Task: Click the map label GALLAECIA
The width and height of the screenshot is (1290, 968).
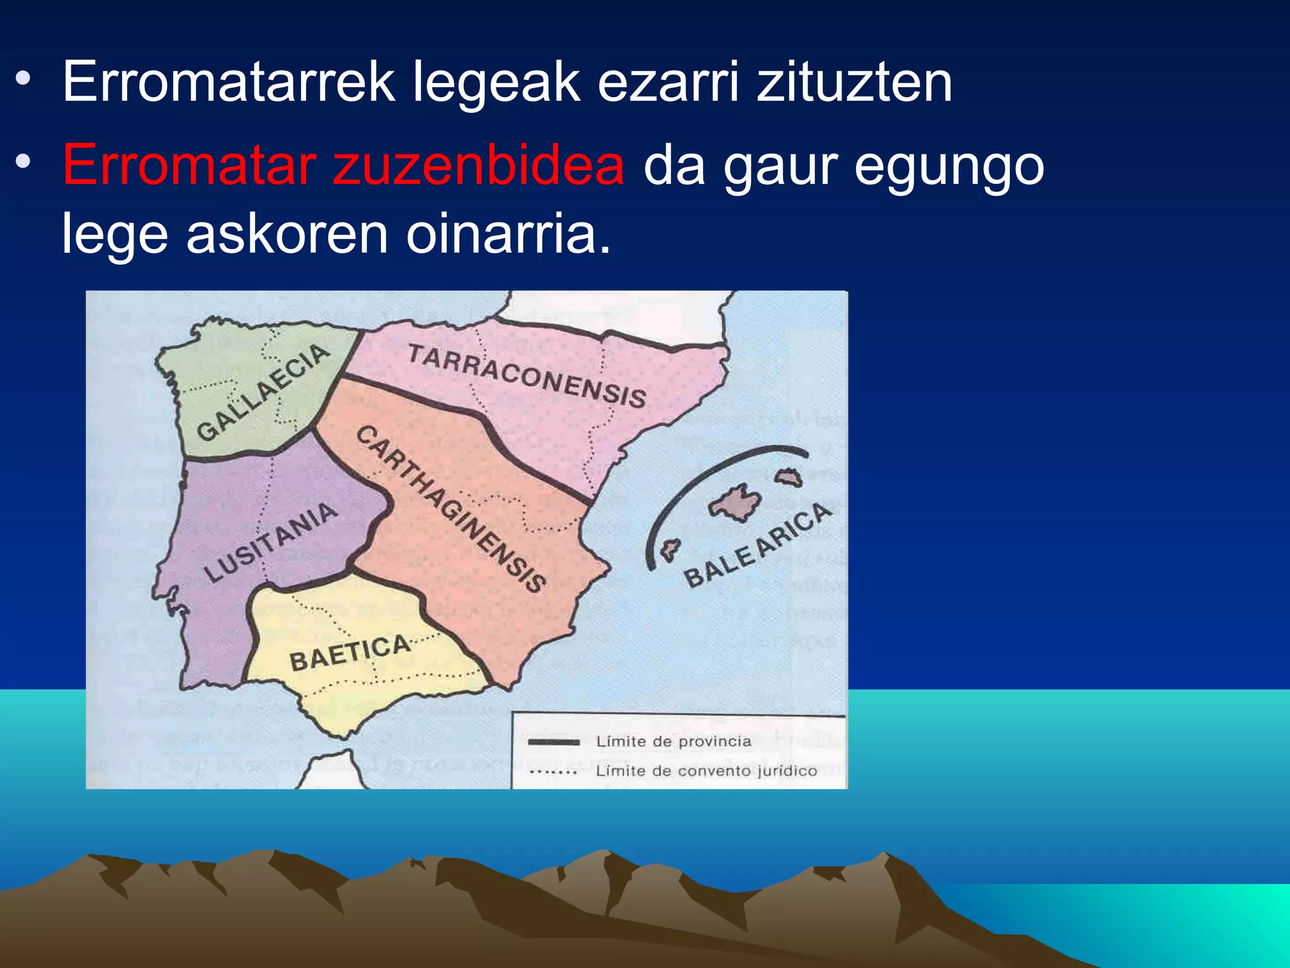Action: [263, 392]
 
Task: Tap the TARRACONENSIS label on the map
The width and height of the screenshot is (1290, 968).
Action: [527, 376]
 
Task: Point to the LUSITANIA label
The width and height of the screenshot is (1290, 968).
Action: [271, 541]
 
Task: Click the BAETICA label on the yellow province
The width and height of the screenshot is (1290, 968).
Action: [350, 653]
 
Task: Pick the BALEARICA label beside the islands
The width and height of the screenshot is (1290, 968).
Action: [758, 545]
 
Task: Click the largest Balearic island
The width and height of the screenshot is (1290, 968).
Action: [736, 502]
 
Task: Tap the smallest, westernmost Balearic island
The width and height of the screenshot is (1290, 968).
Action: [670, 551]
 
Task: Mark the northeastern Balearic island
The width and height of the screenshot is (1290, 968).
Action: [788, 477]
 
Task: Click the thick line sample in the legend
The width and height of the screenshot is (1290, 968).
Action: [553, 742]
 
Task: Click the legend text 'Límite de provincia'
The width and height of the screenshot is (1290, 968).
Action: [673, 742]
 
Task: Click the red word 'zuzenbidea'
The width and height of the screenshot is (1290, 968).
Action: [479, 165]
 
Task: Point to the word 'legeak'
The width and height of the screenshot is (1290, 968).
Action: [496, 83]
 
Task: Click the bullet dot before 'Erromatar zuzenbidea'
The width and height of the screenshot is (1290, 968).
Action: [23, 163]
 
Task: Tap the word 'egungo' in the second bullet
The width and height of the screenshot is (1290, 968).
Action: [949, 167]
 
